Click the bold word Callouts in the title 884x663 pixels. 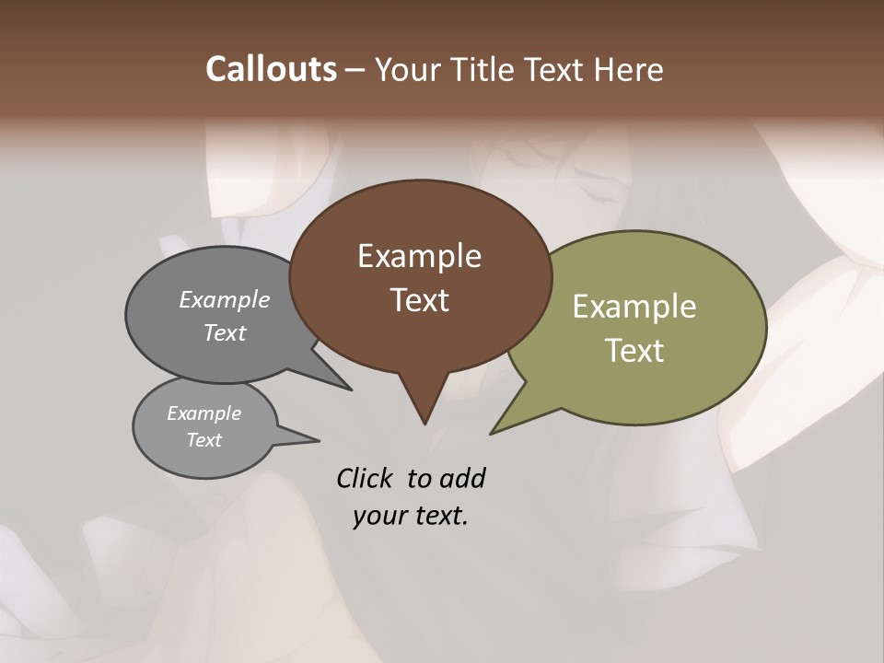coord(271,69)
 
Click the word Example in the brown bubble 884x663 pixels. coord(419,256)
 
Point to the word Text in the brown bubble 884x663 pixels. coord(420,300)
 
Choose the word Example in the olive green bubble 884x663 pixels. coord(634,307)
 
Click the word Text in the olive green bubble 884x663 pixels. coord(634,351)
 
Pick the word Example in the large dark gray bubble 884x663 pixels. coord(225,299)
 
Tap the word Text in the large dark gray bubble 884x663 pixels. coord(225,332)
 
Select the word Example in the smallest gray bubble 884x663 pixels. coord(204,413)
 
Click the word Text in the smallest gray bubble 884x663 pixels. coord(204,440)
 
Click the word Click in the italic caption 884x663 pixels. coord(366,478)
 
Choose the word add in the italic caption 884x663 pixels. coord(462,478)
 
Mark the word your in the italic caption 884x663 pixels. coord(379,516)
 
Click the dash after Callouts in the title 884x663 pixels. coord(355,70)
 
